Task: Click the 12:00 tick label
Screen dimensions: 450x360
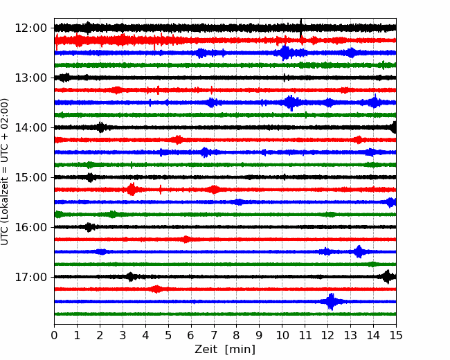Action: tap(30, 28)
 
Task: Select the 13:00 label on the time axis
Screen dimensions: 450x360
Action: tap(30, 78)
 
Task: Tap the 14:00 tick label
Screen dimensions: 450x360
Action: tap(30, 128)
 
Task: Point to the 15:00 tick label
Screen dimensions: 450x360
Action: tap(30, 177)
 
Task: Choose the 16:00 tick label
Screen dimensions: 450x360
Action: tap(30, 227)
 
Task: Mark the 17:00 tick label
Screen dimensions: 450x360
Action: tap(30, 277)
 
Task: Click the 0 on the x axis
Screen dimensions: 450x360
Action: tap(54, 335)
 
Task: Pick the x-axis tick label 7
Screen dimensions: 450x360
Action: tap(214, 335)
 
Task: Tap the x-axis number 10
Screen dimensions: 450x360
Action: tap(282, 335)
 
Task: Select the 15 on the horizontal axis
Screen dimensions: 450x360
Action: tap(396, 335)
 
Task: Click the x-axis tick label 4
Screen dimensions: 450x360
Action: tap(145, 335)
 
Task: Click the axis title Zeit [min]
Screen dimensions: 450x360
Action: tap(225, 350)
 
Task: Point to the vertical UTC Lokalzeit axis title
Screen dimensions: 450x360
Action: tap(4, 172)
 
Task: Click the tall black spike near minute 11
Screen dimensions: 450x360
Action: tap(300, 28)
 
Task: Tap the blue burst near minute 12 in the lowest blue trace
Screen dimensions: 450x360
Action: tap(332, 301)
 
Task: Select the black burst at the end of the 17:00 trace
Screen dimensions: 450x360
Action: tap(388, 277)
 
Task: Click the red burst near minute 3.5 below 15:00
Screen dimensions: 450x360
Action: tap(132, 190)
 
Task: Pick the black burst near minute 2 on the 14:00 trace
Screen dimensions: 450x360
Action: tap(101, 127)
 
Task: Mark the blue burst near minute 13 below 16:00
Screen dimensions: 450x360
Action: tap(359, 252)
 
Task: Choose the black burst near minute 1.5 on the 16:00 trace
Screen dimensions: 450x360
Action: tap(89, 227)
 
